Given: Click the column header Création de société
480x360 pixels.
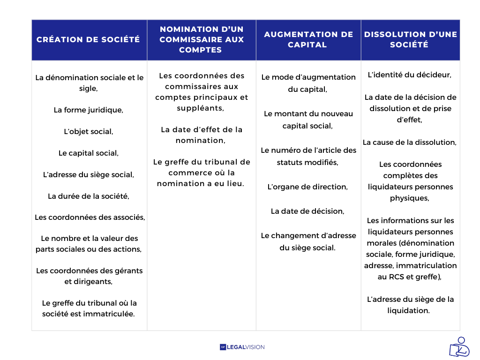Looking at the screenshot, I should click(x=88, y=39).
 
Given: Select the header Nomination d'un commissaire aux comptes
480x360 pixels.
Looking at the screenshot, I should click(x=202, y=39).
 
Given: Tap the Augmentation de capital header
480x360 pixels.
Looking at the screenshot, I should click(x=308, y=39).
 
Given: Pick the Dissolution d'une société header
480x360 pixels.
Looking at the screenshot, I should click(x=410, y=39).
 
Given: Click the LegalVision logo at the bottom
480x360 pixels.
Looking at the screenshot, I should click(x=242, y=347).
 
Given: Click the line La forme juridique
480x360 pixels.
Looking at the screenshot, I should click(x=88, y=110).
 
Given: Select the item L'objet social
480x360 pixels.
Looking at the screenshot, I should click(x=88, y=132).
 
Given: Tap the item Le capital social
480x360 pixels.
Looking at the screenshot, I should click(x=88, y=153).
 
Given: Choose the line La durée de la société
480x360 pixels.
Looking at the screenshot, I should click(x=88, y=196).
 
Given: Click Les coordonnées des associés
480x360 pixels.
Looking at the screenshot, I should click(x=90, y=217).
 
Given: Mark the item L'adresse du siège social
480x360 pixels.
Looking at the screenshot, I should click(x=88, y=175).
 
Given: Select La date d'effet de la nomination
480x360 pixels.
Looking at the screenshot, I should click(x=202, y=135).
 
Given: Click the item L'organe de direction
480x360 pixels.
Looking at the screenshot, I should click(x=307, y=187).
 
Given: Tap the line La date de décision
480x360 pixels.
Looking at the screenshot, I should click(x=307, y=211).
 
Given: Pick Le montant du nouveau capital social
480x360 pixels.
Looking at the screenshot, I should click(x=308, y=120).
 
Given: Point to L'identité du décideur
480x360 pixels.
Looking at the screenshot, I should click(x=410, y=75).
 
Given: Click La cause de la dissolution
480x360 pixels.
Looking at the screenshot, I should click(x=410, y=142).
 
